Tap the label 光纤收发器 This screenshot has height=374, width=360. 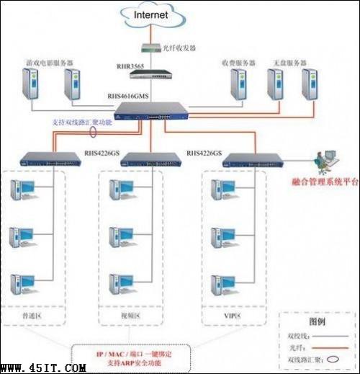pos(180,48)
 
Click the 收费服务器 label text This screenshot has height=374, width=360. pos(238,63)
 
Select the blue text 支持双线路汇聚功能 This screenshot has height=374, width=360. pos(83,123)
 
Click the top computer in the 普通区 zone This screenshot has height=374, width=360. pos(21,190)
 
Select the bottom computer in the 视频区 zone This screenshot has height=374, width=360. pos(117,282)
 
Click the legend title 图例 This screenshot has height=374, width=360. pos(318,322)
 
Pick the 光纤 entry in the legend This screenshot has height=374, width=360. pos(296,347)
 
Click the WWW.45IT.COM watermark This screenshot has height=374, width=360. pos(44,368)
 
